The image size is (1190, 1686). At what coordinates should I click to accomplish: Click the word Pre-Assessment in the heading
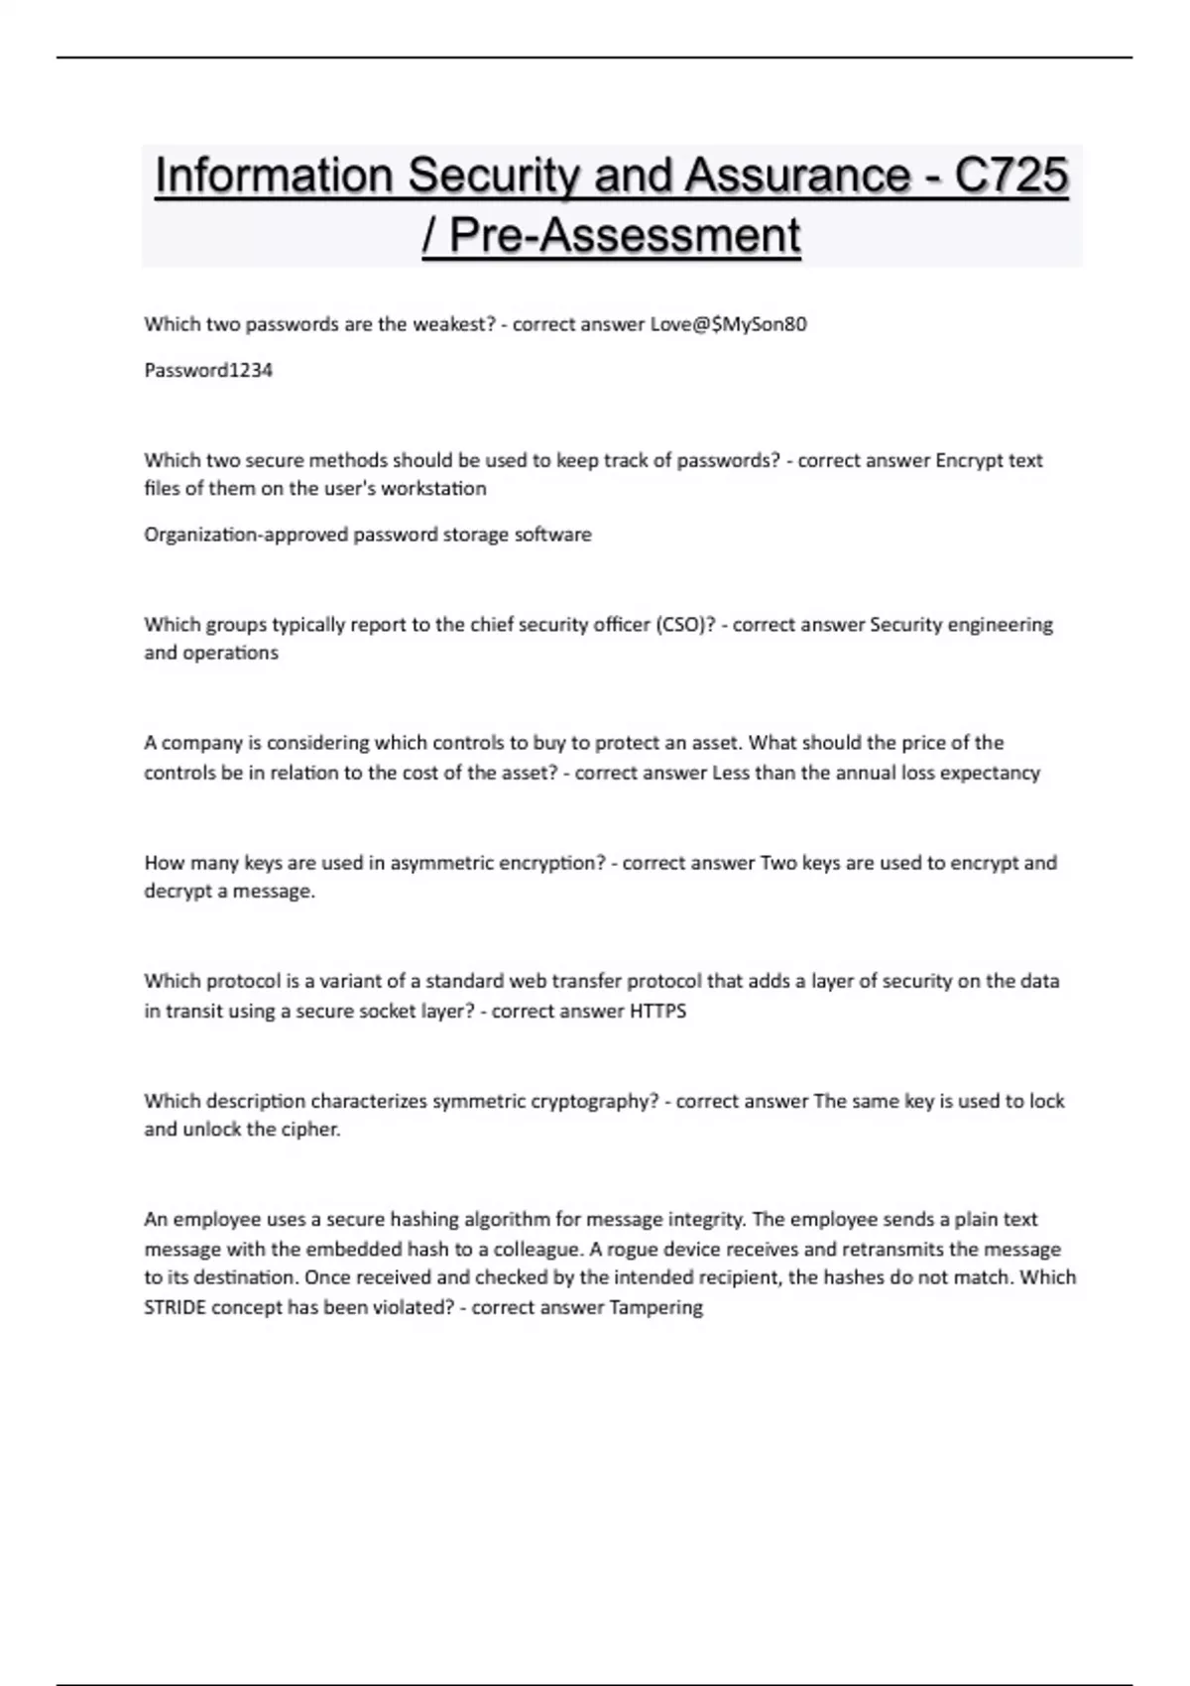pyautogui.click(x=625, y=235)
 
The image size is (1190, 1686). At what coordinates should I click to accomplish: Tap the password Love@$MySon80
pyautogui.click(x=728, y=324)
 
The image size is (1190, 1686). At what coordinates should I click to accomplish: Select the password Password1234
pyautogui.click(x=208, y=370)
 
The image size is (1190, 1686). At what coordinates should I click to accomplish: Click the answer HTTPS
pyautogui.click(x=657, y=1012)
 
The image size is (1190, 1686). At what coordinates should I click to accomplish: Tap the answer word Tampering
pyautogui.click(x=655, y=1307)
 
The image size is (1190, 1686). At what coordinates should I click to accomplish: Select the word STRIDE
pyautogui.click(x=176, y=1307)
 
